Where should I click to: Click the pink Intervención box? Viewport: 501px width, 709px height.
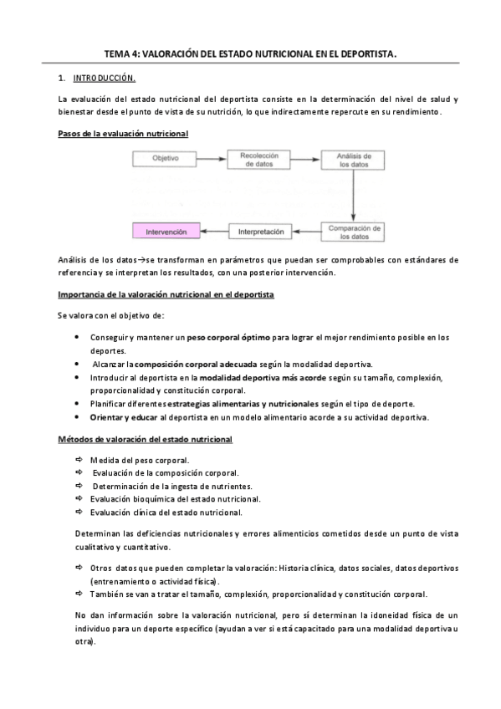166,231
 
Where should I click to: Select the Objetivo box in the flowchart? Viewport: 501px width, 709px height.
165,159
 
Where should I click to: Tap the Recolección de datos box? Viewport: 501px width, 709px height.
258,159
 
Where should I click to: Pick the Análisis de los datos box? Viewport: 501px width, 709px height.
355,159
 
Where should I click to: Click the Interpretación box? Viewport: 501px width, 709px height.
261,231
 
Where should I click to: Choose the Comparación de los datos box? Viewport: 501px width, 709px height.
355,231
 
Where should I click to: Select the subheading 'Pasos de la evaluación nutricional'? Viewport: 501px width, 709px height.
123,133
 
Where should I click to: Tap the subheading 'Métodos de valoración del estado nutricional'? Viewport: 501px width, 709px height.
145,439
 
